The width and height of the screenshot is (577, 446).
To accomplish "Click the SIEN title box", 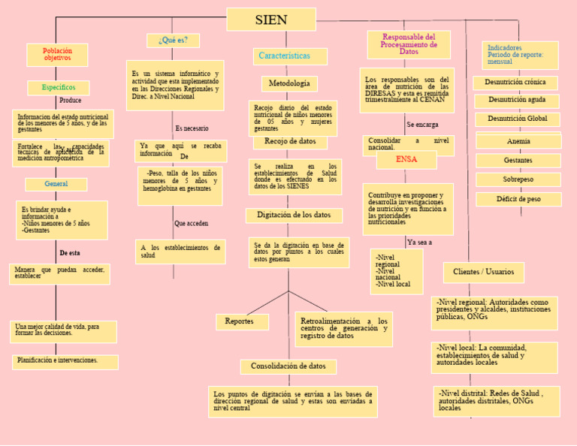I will pos(270,20).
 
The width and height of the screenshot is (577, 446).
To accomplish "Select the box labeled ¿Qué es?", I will pos(174,40).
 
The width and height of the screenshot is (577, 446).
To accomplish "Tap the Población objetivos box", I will pos(57,55).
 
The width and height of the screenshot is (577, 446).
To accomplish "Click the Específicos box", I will pos(58,88).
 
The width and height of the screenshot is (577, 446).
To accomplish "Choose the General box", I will pos(56,184).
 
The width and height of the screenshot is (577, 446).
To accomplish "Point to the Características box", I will pos(289,56).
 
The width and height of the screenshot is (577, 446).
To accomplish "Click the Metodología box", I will pos(289,83).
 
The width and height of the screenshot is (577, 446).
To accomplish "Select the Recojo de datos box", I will pos(290,141).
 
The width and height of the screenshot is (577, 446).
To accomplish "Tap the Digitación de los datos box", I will pos(294,215).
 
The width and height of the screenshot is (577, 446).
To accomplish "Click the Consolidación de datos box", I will pos(288,366).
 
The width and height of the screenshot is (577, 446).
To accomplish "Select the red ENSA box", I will pos(406,160).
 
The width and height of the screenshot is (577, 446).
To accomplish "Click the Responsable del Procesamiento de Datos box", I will pos(409,44).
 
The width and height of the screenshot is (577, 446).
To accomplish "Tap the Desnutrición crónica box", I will pos(515,83).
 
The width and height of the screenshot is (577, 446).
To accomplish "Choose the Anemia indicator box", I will pos(518,141).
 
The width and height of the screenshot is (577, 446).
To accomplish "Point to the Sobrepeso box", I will pos(518,180).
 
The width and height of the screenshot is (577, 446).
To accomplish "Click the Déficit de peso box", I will pos(518,200).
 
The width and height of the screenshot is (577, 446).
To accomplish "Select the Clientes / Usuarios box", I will pos(484,272).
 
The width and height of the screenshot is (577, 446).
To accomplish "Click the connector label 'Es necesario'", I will pos(192,128).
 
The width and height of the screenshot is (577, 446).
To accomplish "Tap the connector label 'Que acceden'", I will pos(191,224).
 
